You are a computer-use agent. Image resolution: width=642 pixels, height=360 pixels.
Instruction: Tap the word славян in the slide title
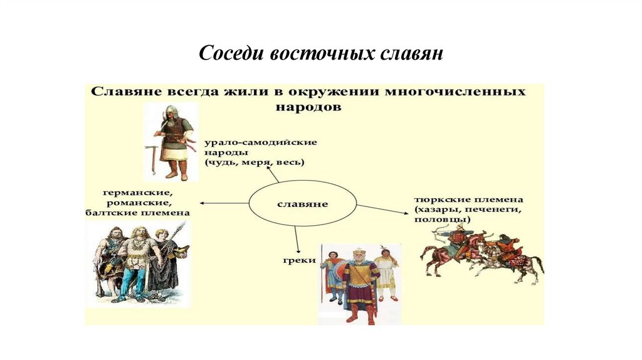[x=412, y=53]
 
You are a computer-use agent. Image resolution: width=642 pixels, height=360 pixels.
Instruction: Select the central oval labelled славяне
[x=303, y=204]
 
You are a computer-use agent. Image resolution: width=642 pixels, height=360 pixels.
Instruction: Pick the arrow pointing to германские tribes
[x=224, y=203]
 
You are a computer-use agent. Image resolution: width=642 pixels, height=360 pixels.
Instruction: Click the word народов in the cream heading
[x=308, y=107]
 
